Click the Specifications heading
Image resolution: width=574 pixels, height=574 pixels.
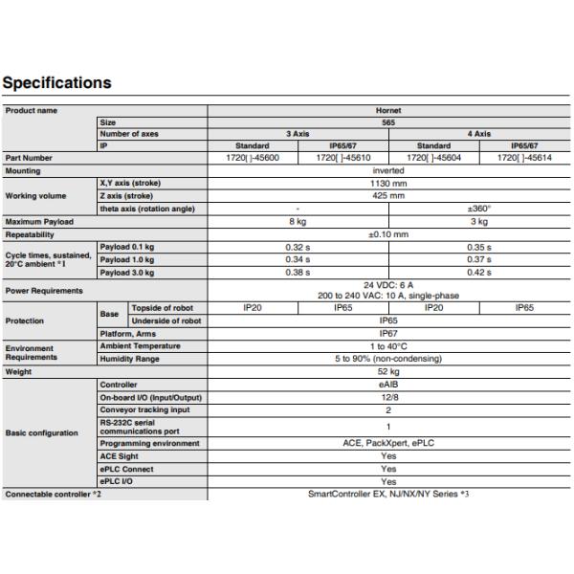click(x=56, y=83)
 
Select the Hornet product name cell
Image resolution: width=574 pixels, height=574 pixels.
click(x=388, y=111)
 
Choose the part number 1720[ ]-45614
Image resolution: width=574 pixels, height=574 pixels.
click(x=524, y=158)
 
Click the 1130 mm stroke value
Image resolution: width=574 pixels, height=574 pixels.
click(x=388, y=182)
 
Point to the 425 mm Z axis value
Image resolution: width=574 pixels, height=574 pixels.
click(x=388, y=195)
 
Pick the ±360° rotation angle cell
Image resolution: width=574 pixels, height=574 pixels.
click(x=478, y=209)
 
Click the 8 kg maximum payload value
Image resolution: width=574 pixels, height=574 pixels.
click(x=298, y=222)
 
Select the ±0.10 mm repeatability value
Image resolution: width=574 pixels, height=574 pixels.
click(x=388, y=234)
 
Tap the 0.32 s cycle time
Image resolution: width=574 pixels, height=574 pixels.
click(x=298, y=247)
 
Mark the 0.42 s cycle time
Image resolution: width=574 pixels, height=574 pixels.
click(x=478, y=273)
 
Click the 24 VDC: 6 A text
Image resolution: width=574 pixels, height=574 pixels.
click(x=388, y=285)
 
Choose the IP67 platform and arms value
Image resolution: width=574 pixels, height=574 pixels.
click(x=388, y=333)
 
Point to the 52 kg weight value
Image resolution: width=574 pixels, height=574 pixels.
click(x=388, y=371)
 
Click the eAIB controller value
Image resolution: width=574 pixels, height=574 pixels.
click(x=388, y=385)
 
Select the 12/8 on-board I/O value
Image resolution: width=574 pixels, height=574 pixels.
click(x=388, y=397)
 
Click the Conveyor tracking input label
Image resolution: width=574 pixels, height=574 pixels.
click(x=144, y=409)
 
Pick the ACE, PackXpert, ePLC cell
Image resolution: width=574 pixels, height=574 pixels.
click(x=388, y=444)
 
